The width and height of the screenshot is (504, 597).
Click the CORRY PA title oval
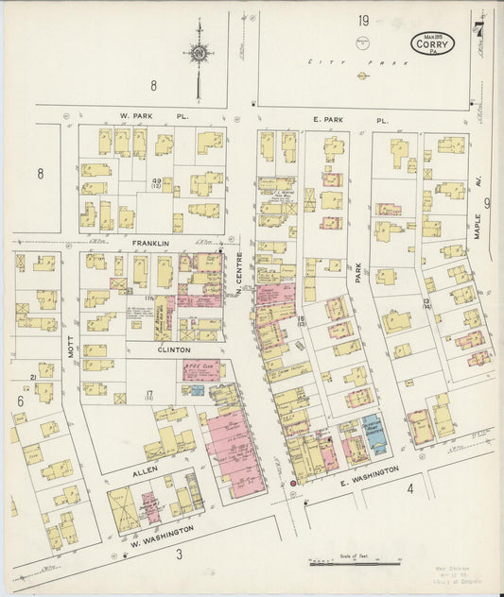pyautogui.click(x=433, y=43)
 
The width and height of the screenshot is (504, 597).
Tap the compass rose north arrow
pyautogui.click(x=199, y=55)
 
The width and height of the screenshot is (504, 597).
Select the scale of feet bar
pyautogui.click(x=354, y=563)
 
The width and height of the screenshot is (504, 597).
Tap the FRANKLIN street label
pyautogui.click(x=150, y=243)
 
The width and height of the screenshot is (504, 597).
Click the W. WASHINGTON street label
pyautogui.click(x=166, y=530)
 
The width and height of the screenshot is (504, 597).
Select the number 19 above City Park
pyautogui.click(x=363, y=20)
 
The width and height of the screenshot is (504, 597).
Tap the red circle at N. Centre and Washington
pyautogui.click(x=293, y=483)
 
